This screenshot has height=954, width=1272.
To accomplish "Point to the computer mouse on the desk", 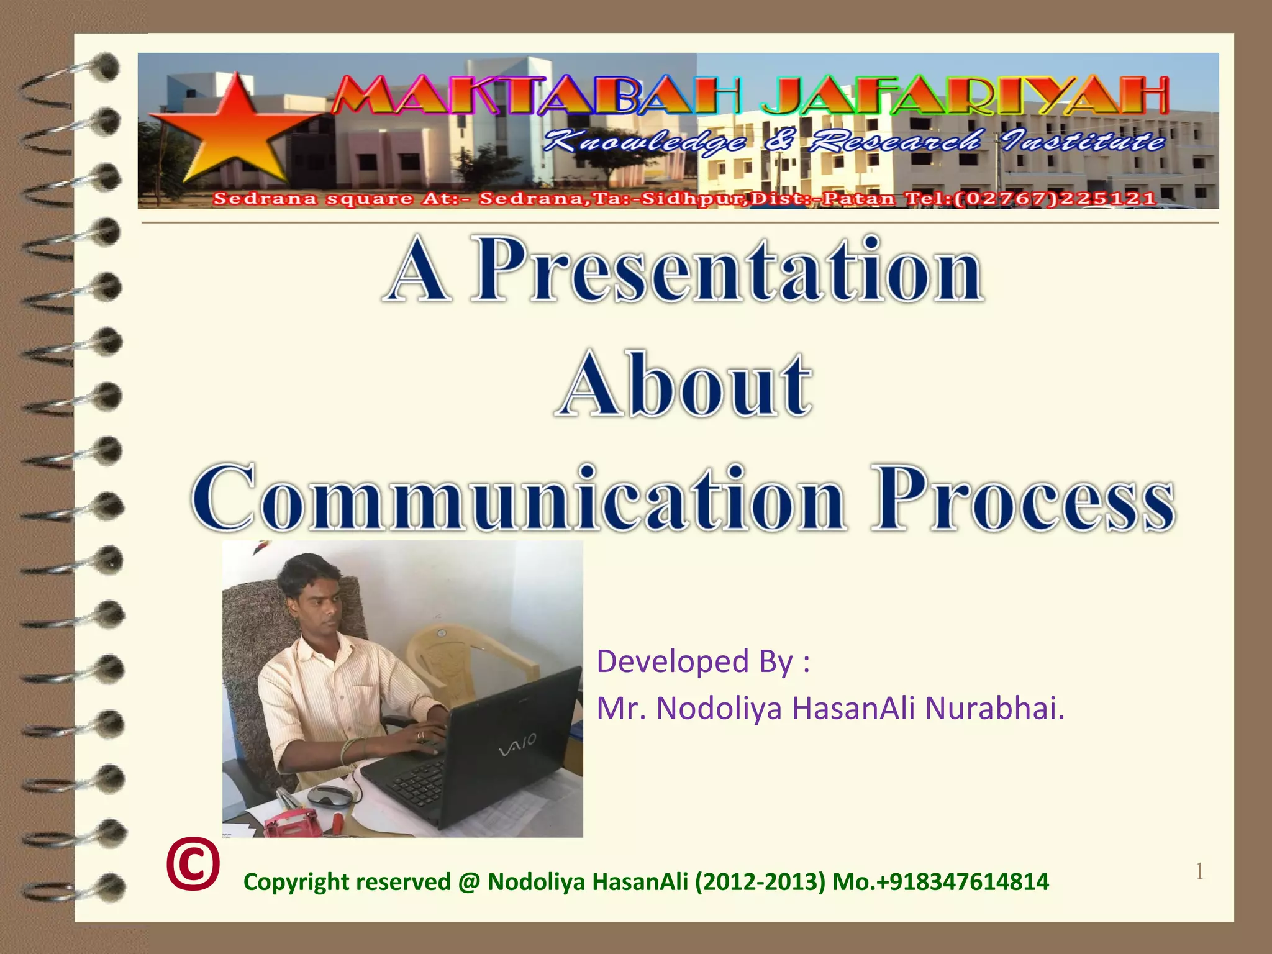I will [x=330, y=796].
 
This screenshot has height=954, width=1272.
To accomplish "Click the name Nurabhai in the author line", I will [x=994, y=709].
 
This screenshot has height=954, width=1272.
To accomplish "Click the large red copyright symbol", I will [x=193, y=865].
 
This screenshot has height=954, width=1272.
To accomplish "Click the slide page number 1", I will [x=1199, y=872].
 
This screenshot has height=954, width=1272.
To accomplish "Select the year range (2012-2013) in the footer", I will [x=760, y=882].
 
